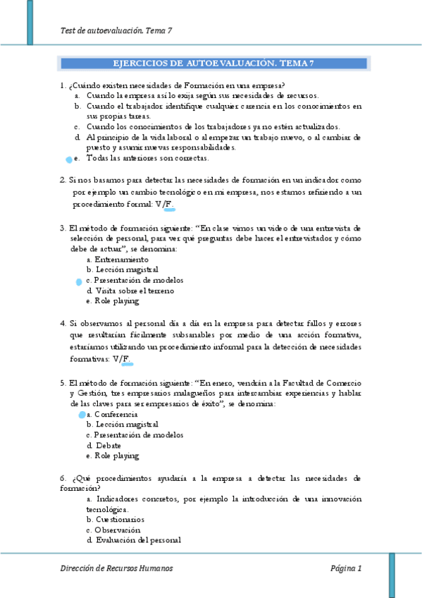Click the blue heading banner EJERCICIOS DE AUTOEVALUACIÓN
pyautogui.click(x=213, y=63)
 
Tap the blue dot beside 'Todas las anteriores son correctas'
pyautogui.click(x=68, y=160)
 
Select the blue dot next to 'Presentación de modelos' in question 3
pyautogui.click(x=79, y=281)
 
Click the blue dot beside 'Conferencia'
pyautogui.click(x=82, y=415)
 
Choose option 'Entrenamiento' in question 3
pyautogui.click(x=117, y=260)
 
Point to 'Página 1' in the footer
pyautogui.click(x=345, y=568)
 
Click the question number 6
pyautogui.click(x=62, y=477)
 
